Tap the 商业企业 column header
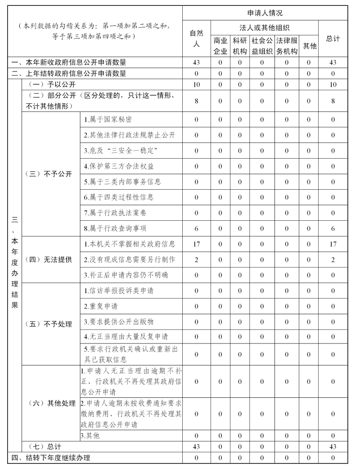click(x=220, y=46)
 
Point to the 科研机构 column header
click(x=239, y=46)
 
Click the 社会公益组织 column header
click(x=262, y=46)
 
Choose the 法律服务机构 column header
click(x=287, y=46)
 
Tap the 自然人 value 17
click(x=196, y=244)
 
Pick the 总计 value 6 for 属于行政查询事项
click(x=333, y=228)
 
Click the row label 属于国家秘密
click(x=108, y=120)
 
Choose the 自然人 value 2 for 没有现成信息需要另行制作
click(x=196, y=259)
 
